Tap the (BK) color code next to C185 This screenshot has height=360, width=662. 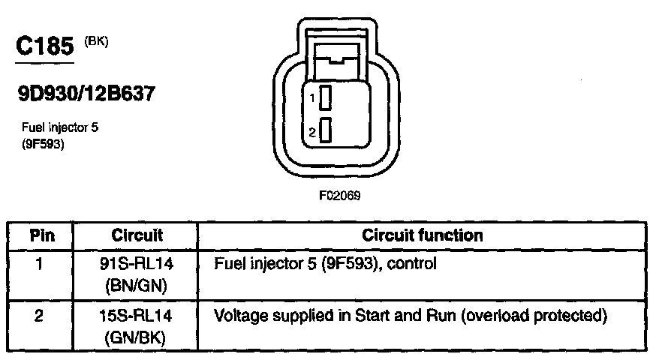pos(97,41)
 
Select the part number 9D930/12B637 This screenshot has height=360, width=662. pos(87,94)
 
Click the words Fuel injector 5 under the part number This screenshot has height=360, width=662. pos(60,127)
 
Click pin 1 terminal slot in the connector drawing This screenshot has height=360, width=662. pos(325,97)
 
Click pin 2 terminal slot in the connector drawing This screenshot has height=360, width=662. pos(325,130)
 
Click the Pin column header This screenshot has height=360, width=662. pos(42,235)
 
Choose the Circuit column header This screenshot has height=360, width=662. pos(137,235)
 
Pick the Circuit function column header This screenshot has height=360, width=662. pos(422,235)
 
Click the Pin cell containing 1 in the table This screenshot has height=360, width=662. pos(42,264)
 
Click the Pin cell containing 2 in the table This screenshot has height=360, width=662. pos(42,315)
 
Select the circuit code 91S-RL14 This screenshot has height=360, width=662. pos(137,264)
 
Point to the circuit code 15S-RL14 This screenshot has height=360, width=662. pos(137,315)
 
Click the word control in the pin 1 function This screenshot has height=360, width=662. pos(415,264)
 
